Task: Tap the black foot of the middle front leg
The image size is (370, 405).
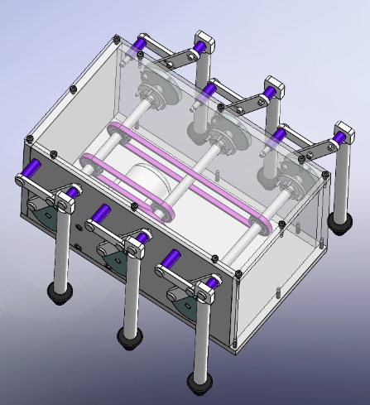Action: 129,338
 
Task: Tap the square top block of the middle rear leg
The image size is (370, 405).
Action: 274,85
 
